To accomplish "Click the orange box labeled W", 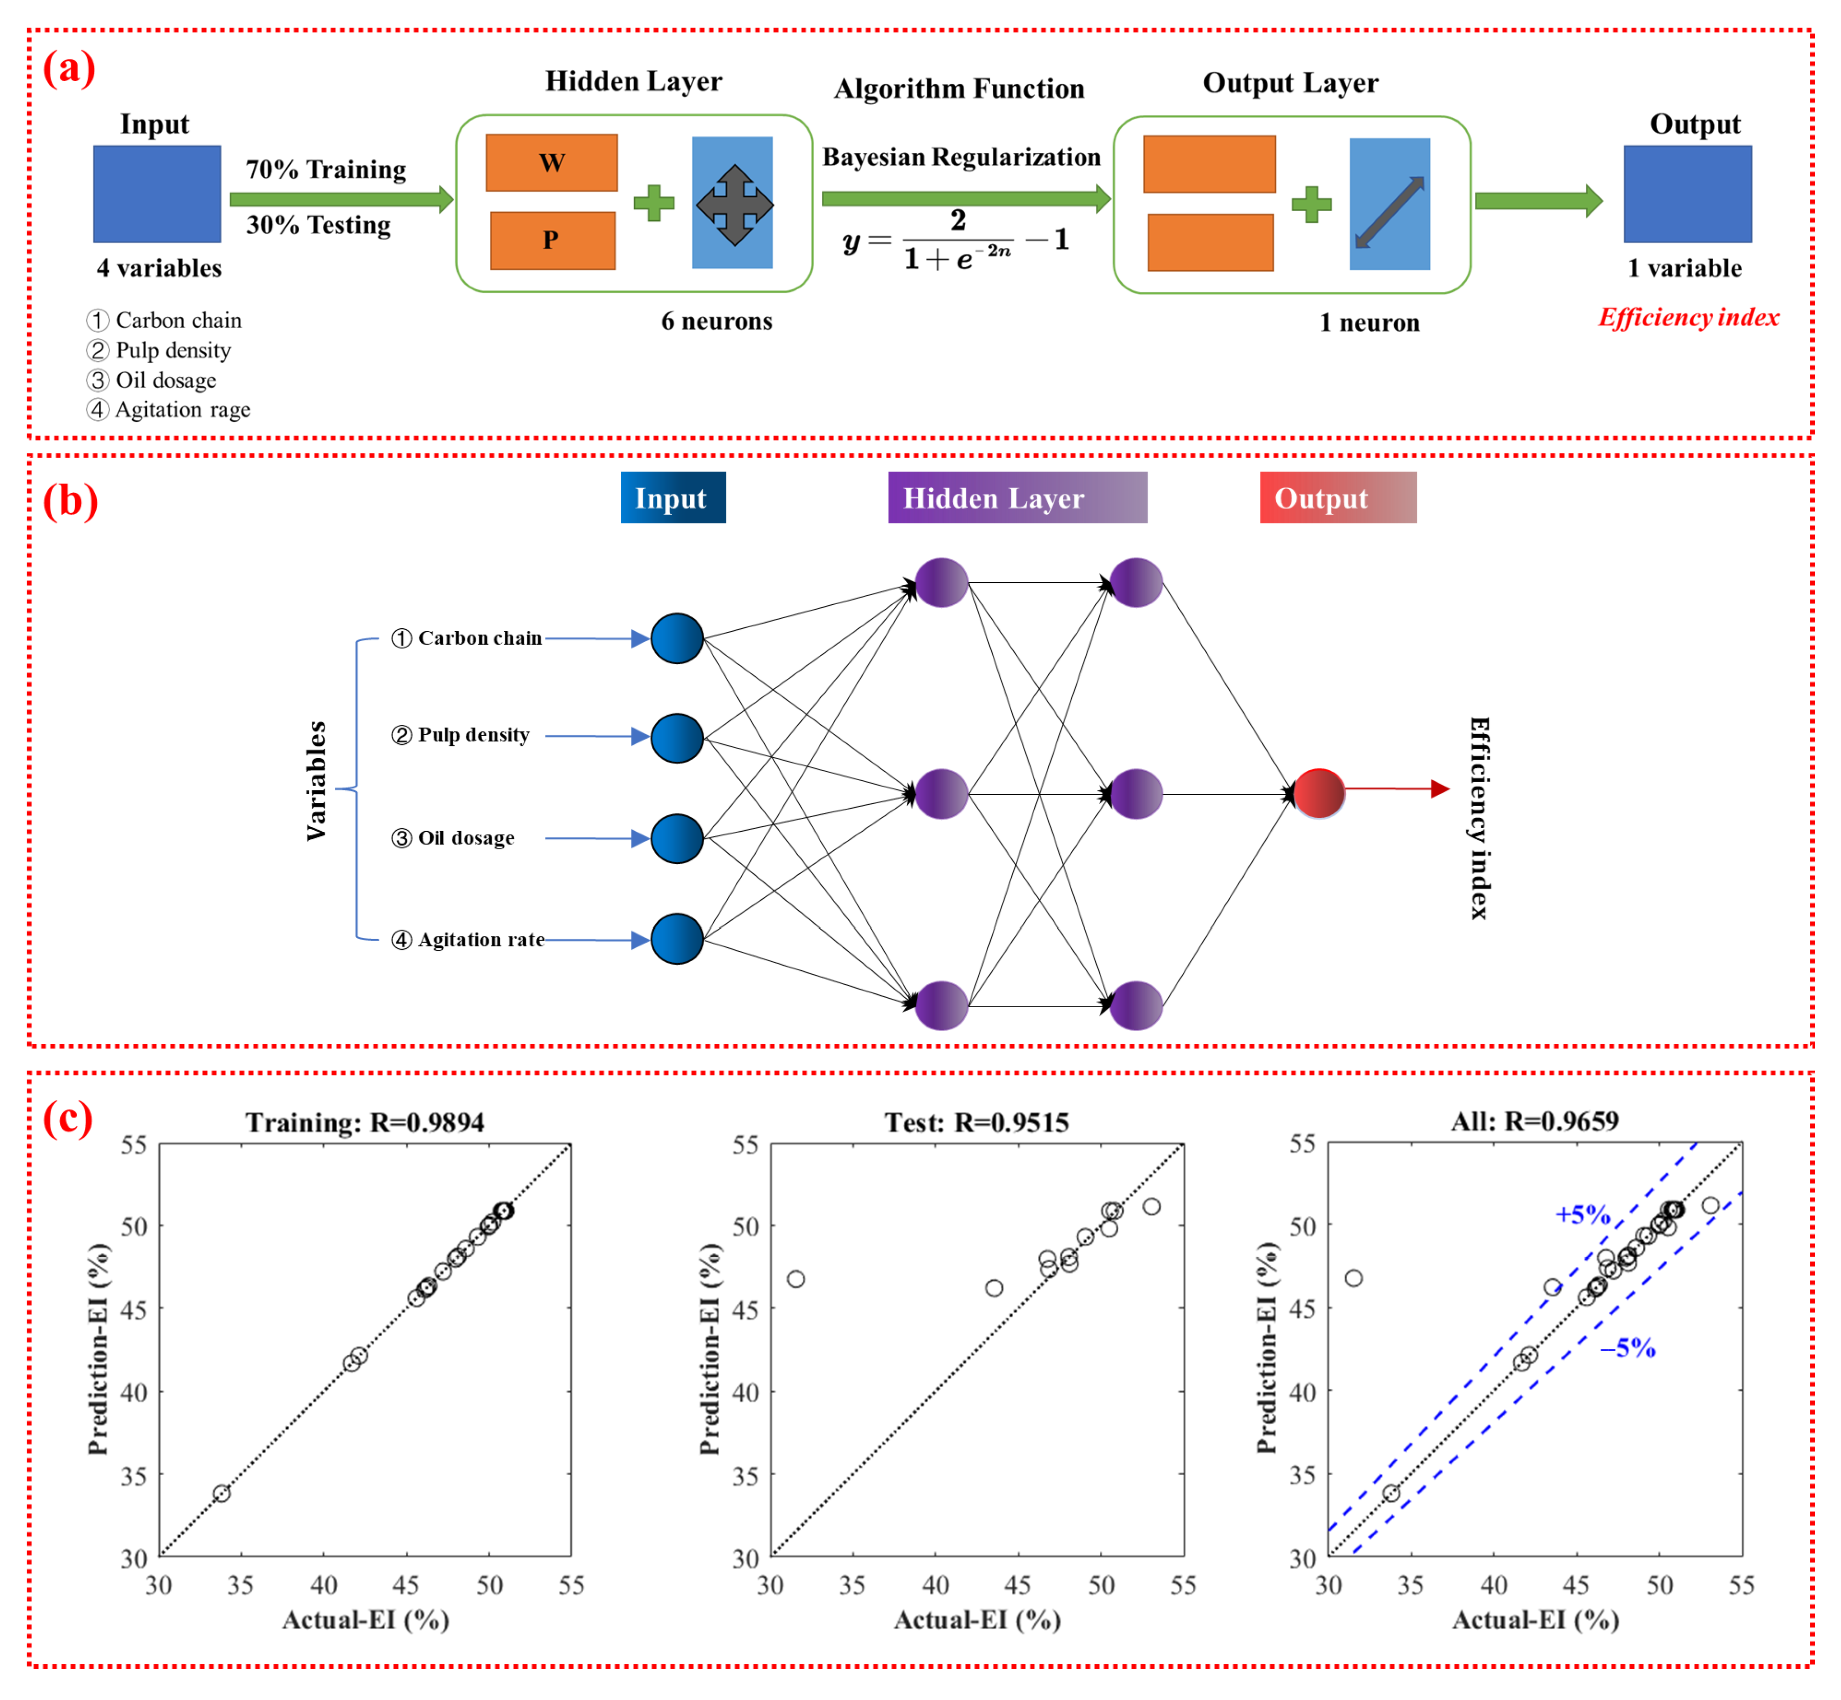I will coord(551,163).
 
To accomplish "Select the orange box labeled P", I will coord(552,240).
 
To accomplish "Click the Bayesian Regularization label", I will coord(961,157).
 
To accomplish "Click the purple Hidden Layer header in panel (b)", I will coord(1017,498).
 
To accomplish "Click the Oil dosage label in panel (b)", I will coord(465,838).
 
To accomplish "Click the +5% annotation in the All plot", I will coord(1582,1215).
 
